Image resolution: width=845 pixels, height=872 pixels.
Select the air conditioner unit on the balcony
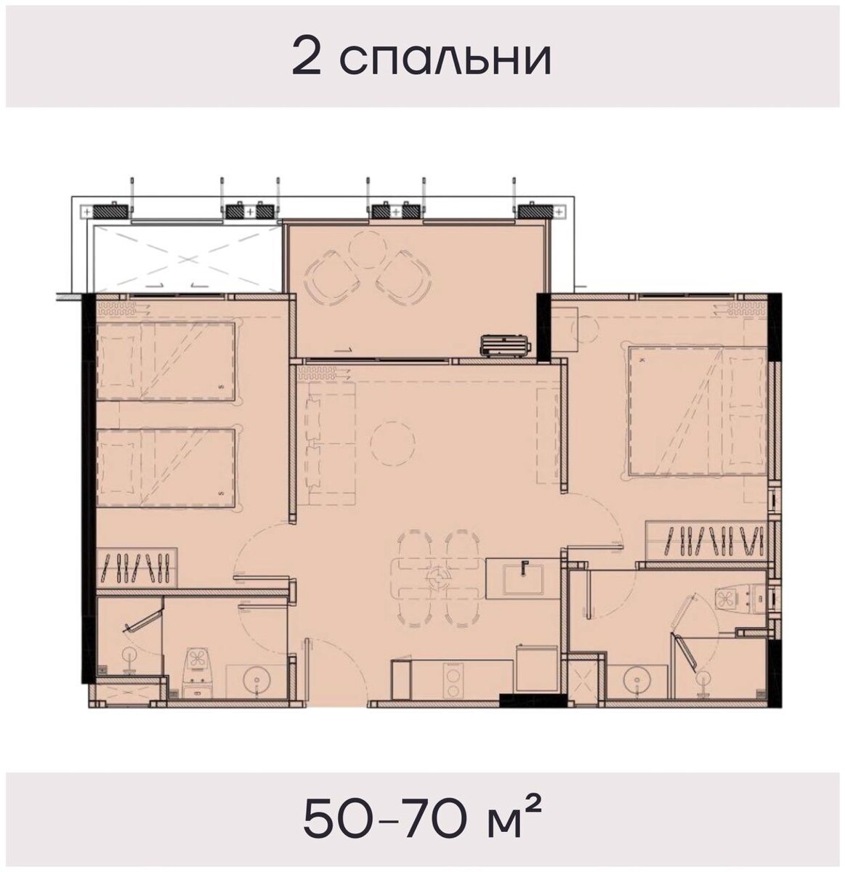click(507, 344)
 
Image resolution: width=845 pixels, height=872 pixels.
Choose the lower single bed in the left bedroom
click(166, 467)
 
